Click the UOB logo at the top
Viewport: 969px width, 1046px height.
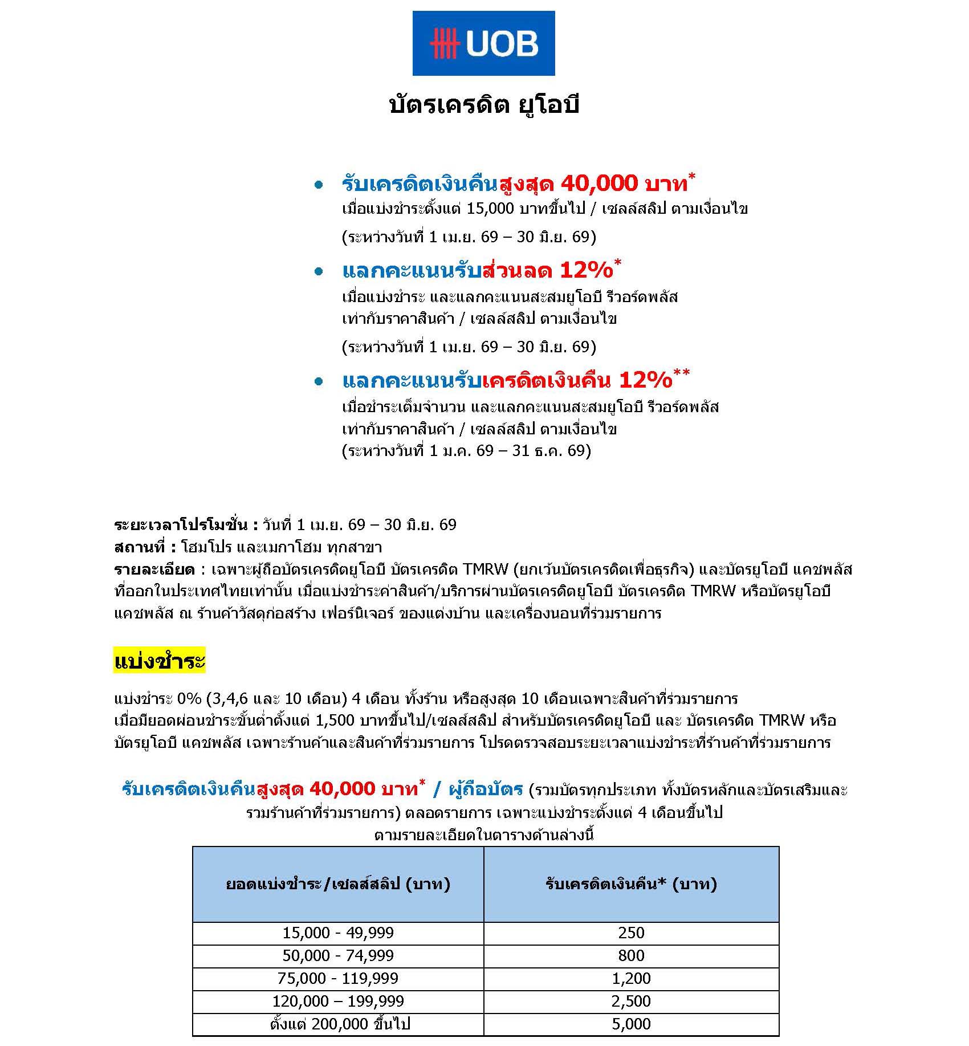(483, 43)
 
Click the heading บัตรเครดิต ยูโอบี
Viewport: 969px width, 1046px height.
(483, 105)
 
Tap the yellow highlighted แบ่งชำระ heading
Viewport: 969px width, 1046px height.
(159, 661)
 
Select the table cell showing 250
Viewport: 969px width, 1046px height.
(631, 933)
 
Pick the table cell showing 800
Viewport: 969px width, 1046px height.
(631, 955)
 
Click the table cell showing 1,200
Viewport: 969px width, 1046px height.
(631, 978)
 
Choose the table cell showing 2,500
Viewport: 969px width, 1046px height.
(631, 1001)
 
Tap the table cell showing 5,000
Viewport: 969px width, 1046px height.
(631, 1024)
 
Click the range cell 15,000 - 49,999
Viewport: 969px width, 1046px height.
(338, 933)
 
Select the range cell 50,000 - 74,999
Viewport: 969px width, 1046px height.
(338, 955)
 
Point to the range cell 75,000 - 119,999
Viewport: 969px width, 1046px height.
(338, 978)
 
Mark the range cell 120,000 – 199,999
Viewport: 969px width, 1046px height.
(338, 1001)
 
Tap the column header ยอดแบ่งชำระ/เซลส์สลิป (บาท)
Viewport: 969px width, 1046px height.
(338, 884)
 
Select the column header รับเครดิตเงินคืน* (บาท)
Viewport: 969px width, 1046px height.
(631, 884)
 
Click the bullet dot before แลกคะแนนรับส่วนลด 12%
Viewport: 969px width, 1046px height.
(319, 272)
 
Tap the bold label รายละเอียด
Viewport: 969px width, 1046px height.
(154, 569)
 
